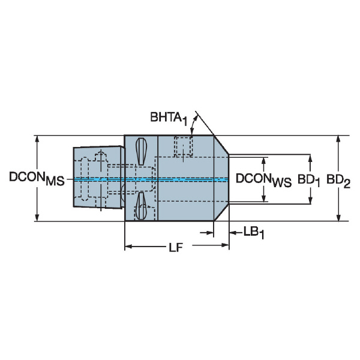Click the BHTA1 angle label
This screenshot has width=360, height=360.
(x=169, y=118)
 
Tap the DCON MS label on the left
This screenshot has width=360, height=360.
(x=37, y=178)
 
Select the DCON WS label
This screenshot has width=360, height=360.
(x=263, y=180)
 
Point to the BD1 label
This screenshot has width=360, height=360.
(x=308, y=180)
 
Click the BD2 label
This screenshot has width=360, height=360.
(x=338, y=181)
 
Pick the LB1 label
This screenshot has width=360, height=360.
(x=253, y=233)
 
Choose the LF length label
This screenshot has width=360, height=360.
(x=176, y=248)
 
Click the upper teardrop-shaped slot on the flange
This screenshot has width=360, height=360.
(x=141, y=151)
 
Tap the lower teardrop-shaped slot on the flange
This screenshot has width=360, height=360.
(x=140, y=206)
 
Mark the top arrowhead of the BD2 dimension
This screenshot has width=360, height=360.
(x=338, y=139)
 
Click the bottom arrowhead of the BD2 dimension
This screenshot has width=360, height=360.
(x=338, y=218)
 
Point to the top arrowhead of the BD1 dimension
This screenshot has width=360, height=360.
(x=310, y=158)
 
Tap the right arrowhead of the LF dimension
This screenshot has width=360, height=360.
(x=225, y=245)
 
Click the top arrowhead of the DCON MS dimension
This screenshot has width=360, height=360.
(x=37, y=139)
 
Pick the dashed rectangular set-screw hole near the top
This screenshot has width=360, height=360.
(x=183, y=146)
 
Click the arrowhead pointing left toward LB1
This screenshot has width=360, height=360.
(x=233, y=233)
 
